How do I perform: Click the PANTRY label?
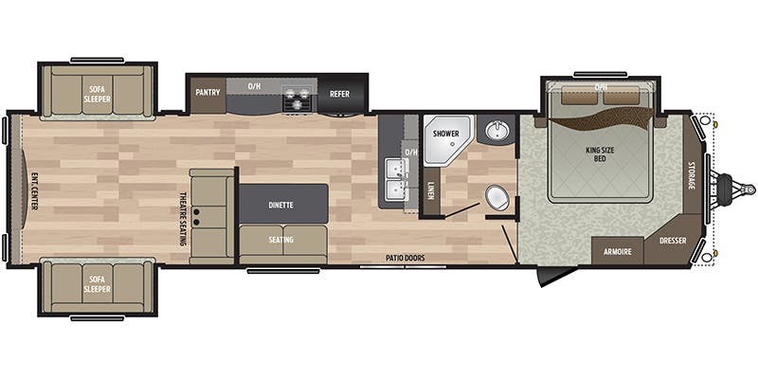207,93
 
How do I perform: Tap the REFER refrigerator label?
340,94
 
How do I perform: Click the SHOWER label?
446,134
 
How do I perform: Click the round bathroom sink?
497,131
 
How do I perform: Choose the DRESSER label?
674,241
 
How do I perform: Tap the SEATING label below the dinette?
280,240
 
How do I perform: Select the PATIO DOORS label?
404,257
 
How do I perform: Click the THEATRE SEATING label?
183,220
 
